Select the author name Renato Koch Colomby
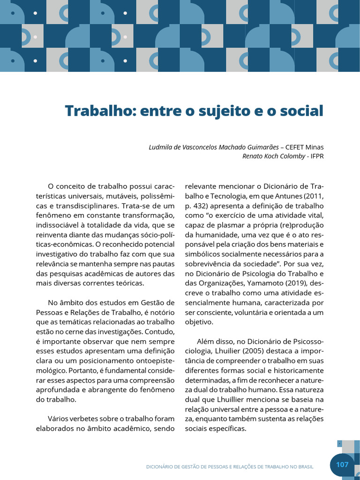tap(273, 156)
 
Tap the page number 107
tap(342, 465)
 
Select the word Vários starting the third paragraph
tap(59, 418)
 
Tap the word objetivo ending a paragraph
tap(199, 322)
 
